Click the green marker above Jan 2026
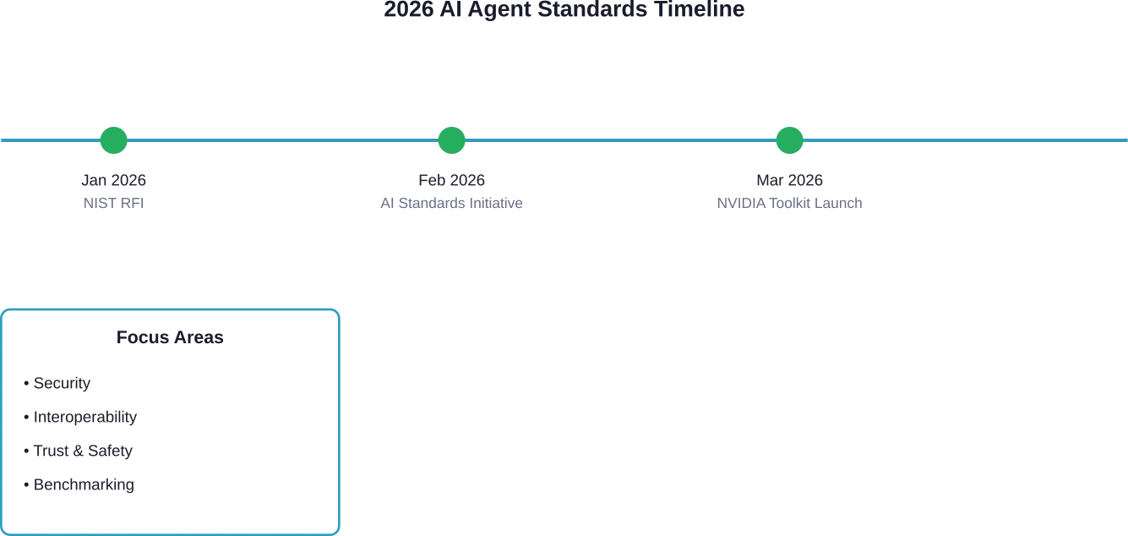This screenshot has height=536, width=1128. point(113,139)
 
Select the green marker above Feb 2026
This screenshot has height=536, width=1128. point(451,139)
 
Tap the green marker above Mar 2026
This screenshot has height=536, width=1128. point(789,139)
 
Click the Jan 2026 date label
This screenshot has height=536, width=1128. point(114,179)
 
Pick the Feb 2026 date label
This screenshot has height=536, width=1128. point(452,179)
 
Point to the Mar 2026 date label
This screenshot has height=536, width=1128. point(790,179)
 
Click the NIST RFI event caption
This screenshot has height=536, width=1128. point(114,203)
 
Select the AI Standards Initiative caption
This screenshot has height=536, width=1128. point(452,203)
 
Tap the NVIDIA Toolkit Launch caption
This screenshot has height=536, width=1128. point(790,203)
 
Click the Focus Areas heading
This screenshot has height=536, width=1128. point(171,336)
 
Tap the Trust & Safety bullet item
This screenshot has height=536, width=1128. point(81,451)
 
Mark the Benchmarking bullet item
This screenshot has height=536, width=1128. point(81,485)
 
